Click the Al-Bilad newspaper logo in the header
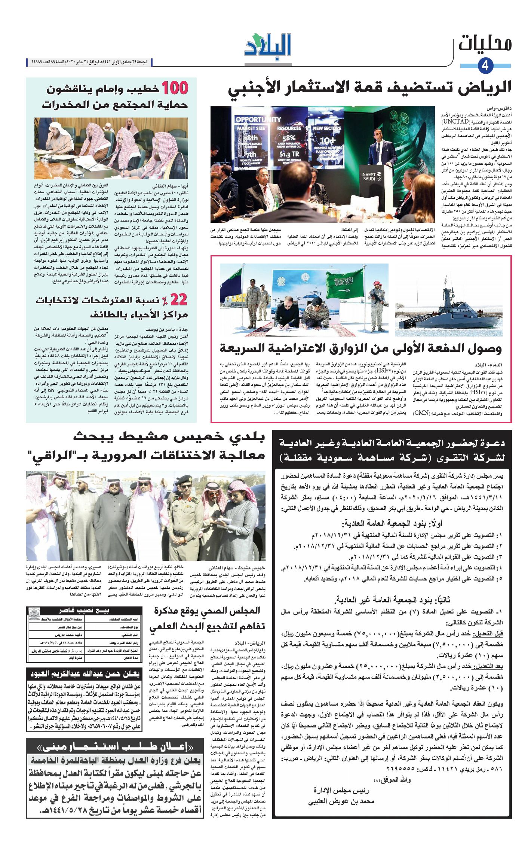click(268, 46)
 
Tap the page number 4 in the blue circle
click(485, 66)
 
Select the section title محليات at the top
click(485, 43)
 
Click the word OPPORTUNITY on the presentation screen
click(258, 119)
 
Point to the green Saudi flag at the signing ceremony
click(345, 286)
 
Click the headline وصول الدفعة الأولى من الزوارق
click(360, 348)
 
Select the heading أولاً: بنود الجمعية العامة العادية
click(392, 523)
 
